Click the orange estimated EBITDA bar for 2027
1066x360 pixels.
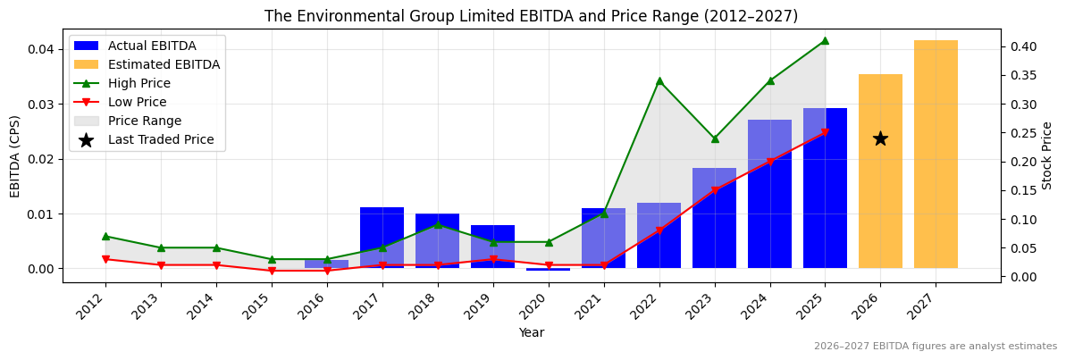[x=936, y=154]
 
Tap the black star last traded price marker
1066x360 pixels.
[x=880, y=138]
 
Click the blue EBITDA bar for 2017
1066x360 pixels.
[x=382, y=237]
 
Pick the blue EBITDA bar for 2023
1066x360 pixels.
[x=714, y=218]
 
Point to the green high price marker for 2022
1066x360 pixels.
[x=659, y=81]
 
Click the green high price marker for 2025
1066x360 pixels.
[x=825, y=40]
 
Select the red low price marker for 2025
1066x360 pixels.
[x=825, y=133]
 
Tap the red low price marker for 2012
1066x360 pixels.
[x=105, y=260]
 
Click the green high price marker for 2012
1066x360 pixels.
[x=105, y=237]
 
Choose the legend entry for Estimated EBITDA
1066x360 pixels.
[x=164, y=64]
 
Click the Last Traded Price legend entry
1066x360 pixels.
[x=161, y=139]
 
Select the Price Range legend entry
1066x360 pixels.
[x=145, y=121]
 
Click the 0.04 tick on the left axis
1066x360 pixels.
[x=41, y=49]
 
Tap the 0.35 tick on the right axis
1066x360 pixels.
[x=1022, y=75]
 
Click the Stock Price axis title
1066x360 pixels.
[x=1047, y=155]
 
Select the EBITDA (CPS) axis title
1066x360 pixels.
[x=15, y=155]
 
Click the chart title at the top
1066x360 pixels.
[x=531, y=16]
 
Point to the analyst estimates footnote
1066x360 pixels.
[x=935, y=347]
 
